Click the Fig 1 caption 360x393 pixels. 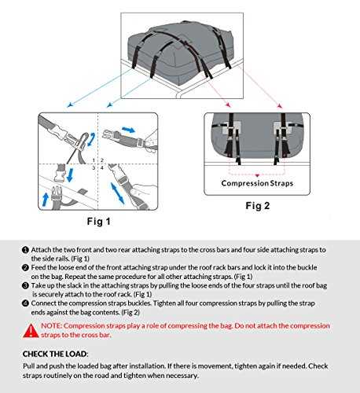99,222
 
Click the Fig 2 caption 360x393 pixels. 258,206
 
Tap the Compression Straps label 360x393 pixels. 257,183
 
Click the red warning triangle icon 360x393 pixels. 31,331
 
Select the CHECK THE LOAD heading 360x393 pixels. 55,354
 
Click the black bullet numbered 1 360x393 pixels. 25,250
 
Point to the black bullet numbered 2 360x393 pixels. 25,268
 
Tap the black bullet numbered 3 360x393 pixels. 25,285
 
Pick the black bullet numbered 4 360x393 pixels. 25,303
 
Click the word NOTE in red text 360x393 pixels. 51,326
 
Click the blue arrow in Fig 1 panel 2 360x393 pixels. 129,130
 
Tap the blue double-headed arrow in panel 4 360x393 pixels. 117,193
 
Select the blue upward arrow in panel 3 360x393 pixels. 46,199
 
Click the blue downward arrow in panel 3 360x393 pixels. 70,174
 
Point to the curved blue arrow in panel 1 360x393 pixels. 91,139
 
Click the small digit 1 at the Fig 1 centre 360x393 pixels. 94,160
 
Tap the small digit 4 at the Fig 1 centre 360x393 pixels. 102,167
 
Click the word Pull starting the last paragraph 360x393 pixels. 28,366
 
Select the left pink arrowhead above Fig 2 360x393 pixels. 229,105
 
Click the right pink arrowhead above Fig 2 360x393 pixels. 280,106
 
